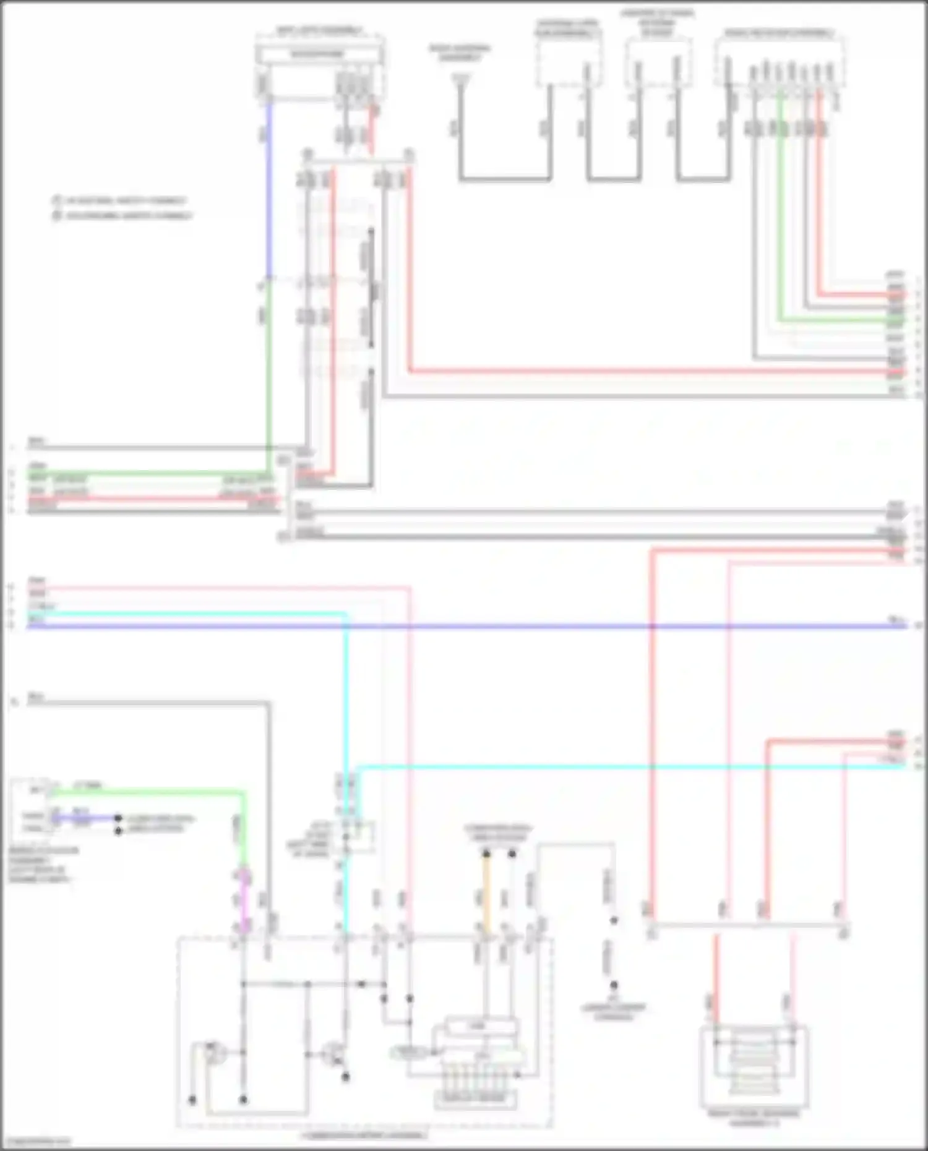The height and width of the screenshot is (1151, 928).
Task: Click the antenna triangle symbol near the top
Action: coord(460,79)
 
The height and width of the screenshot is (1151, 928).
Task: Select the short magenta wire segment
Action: coord(244,900)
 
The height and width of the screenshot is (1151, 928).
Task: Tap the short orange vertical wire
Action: coord(486,894)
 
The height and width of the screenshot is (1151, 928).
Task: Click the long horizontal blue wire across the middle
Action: coord(464,627)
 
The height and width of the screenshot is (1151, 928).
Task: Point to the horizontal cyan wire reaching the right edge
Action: coord(619,768)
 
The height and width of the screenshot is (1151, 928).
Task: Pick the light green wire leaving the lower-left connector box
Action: coord(155,791)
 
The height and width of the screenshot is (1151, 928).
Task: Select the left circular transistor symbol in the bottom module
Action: coord(214,1053)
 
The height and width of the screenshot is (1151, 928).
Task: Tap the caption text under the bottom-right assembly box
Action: coord(754,1117)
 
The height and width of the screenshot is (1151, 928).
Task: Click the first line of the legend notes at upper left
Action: coord(121,201)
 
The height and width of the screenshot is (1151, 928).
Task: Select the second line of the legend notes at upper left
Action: coord(124,216)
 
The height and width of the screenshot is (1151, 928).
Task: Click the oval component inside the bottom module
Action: coord(409,1052)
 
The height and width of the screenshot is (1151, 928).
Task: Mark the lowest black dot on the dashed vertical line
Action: coord(613,985)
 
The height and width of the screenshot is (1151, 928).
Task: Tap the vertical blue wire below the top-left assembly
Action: coord(269,186)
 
